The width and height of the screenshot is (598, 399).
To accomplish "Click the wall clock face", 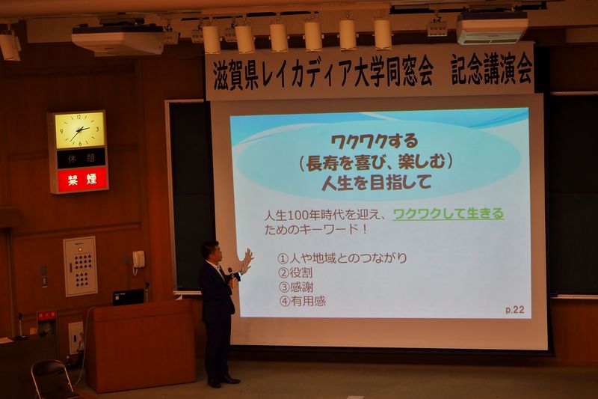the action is click(x=79, y=130).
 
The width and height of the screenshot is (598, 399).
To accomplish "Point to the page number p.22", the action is click(x=515, y=310).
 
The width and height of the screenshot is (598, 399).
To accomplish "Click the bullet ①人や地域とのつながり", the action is click(x=342, y=258).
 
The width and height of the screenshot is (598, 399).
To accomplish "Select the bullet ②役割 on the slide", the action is click(x=296, y=272).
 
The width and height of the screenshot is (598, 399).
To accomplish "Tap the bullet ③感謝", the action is click(x=296, y=287).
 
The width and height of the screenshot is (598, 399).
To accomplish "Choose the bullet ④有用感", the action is click(x=303, y=301).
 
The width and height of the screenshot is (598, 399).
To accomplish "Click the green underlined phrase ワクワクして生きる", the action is click(x=448, y=214).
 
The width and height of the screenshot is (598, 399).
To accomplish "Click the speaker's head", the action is click(x=211, y=252).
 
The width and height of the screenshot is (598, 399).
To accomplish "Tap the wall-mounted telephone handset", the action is click(x=138, y=260).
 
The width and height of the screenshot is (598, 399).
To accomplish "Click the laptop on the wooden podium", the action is click(x=128, y=297).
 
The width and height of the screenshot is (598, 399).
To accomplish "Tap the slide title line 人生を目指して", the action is click(x=377, y=183).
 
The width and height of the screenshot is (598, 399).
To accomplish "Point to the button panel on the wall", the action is click(x=81, y=266).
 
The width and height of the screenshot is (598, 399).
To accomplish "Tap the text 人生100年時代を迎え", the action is click(x=324, y=215).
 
